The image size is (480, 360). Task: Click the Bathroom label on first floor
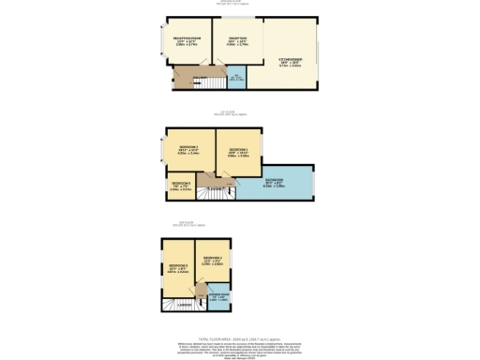tap(275, 182)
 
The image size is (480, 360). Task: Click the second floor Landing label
tap(185, 306)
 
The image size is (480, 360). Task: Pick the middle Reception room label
tap(236, 40)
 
